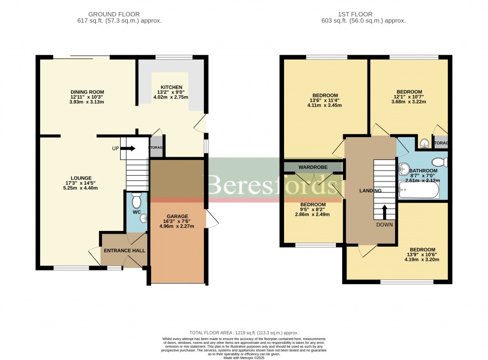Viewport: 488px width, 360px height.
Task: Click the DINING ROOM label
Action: coord(87,92)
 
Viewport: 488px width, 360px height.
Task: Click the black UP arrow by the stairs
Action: coord(128,148)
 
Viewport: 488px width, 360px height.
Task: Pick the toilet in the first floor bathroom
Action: coord(441,162)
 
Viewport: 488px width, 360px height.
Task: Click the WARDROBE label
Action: coord(312,167)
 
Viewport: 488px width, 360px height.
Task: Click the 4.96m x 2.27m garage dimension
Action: coord(177,226)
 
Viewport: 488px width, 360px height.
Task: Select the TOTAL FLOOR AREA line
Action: coord(244,332)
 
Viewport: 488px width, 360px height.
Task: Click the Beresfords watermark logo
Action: coord(267,185)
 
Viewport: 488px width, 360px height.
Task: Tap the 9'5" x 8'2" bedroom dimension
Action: coord(312,209)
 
